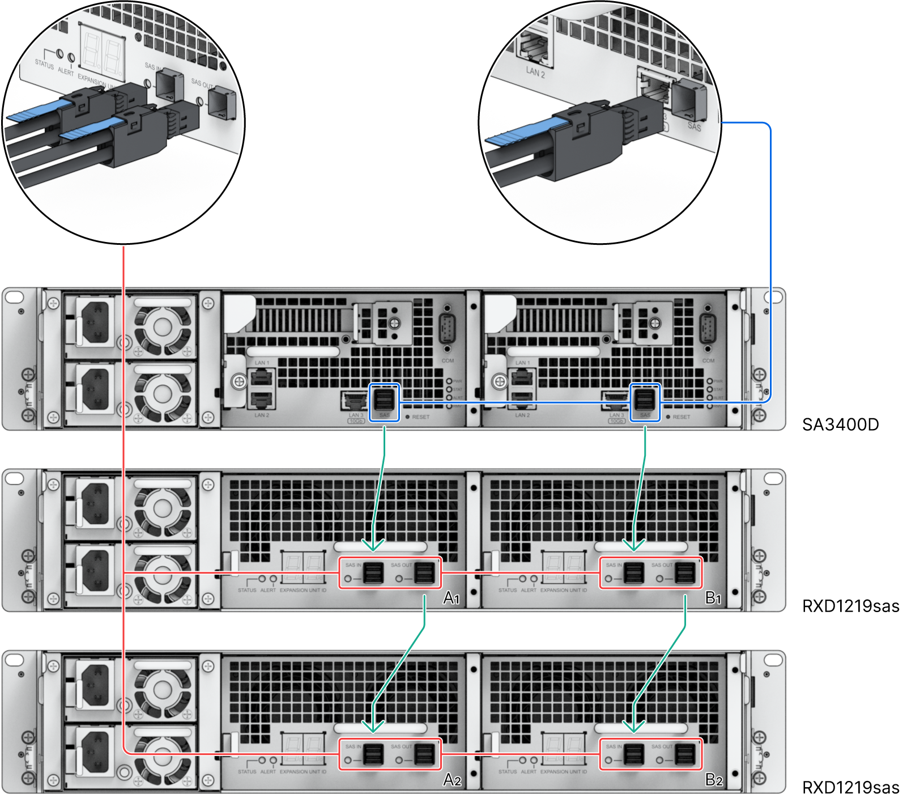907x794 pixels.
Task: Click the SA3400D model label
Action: tap(840, 424)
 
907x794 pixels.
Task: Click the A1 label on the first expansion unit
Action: tap(452, 598)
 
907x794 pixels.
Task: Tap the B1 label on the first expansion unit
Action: tap(713, 598)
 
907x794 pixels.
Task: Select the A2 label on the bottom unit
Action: tap(452, 780)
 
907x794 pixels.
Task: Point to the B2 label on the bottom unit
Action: tap(714, 780)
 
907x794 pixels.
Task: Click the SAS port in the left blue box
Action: tap(384, 400)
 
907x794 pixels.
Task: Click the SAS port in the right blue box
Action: tap(645, 400)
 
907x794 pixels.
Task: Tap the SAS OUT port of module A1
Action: tap(424, 573)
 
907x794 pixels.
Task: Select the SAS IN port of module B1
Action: tap(633, 573)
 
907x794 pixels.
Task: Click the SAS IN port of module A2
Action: tap(373, 754)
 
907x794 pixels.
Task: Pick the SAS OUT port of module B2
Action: tap(685, 754)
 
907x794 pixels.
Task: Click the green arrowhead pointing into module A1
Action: tap(373, 545)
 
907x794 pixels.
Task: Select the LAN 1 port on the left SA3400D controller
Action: tap(262, 376)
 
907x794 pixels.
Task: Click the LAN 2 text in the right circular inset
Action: tap(535, 72)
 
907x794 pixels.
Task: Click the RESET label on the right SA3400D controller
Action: tap(682, 417)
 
